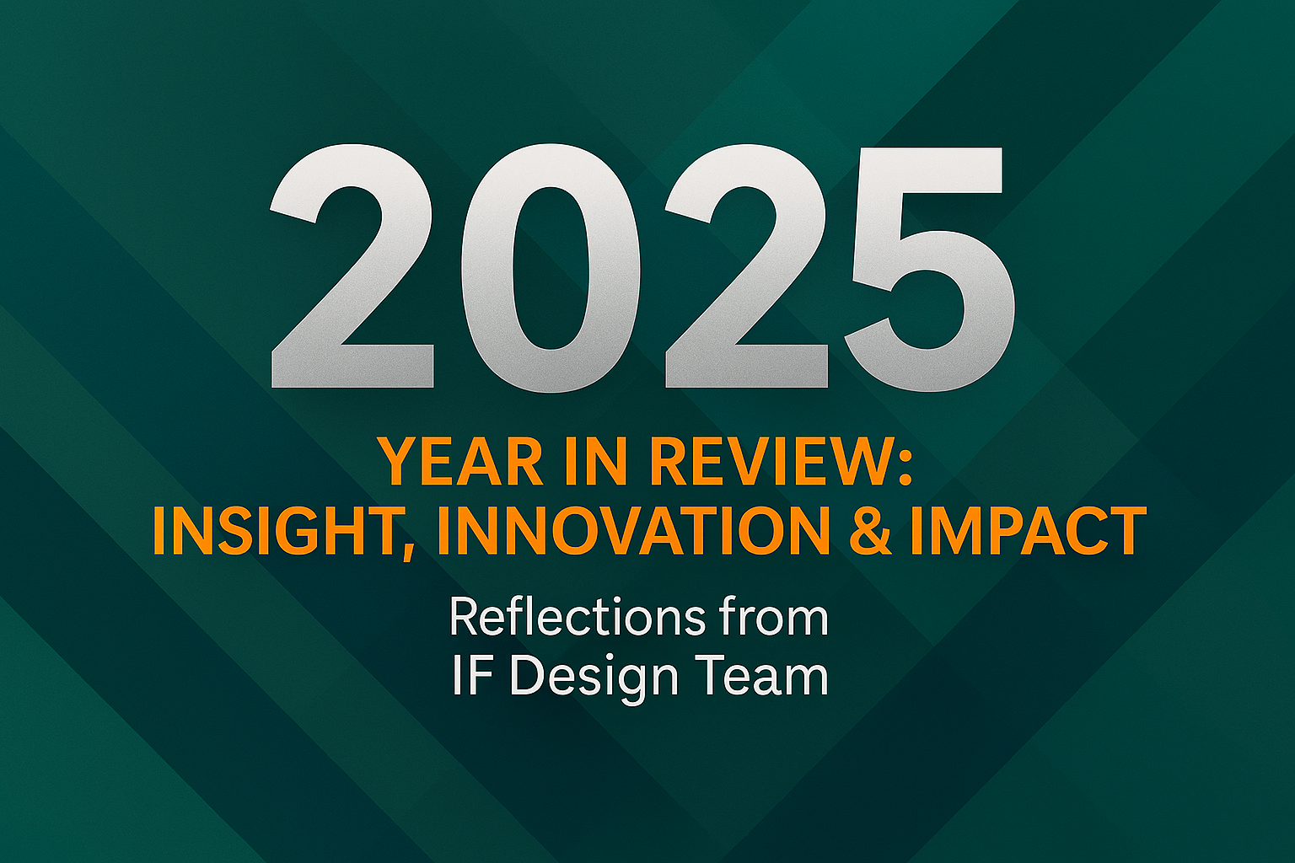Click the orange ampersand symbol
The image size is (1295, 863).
(872, 531)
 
